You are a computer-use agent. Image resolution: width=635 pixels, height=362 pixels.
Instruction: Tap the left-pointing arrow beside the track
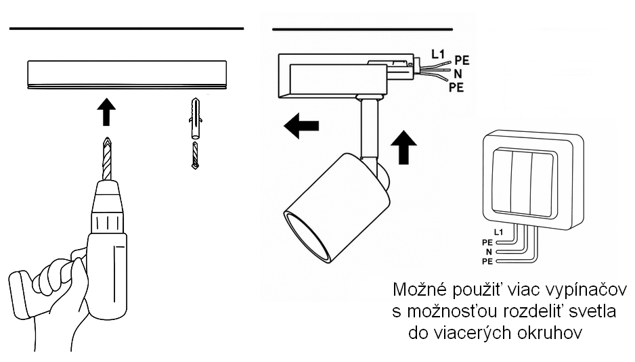pos(301,127)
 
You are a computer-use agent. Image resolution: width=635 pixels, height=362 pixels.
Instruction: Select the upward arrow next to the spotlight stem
pos(404,148)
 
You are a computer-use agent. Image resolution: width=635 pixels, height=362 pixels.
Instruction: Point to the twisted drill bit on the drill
pos(107,157)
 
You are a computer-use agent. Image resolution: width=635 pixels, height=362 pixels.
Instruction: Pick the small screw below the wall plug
pos(195,156)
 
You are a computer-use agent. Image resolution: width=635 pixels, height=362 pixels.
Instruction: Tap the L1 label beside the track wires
pos(437,53)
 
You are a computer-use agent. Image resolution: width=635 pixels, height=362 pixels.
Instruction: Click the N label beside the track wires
pos(458,74)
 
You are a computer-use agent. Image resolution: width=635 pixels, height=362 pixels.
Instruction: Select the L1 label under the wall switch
pos(499,232)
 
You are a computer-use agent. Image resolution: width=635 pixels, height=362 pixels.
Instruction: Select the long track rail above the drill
pos(127,74)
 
